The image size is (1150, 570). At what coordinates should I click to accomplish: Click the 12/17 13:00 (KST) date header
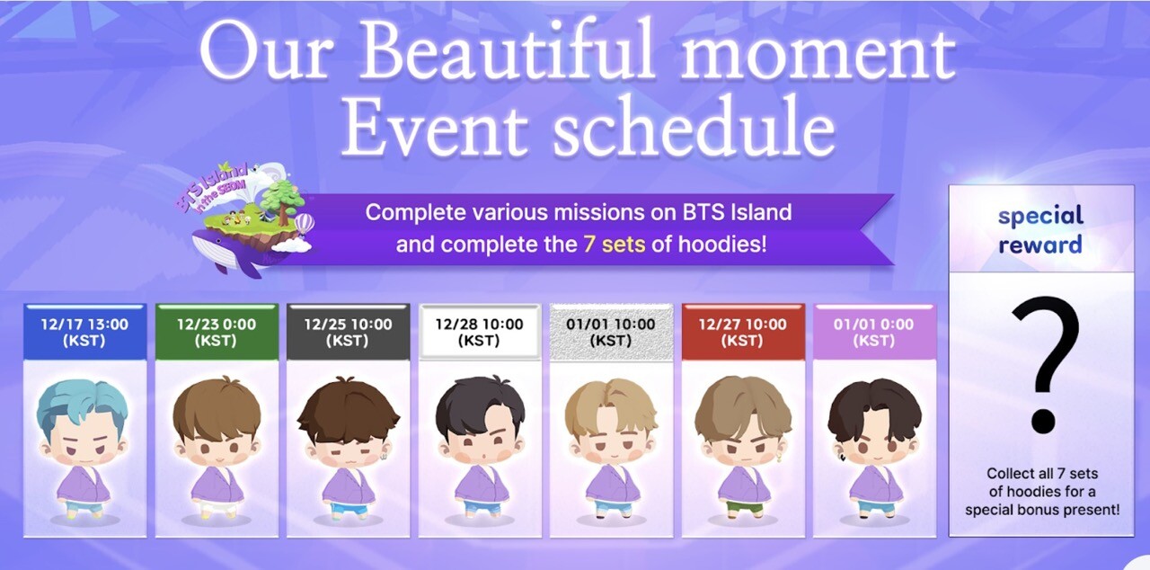pos(84,332)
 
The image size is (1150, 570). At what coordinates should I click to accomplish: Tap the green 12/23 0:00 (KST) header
pos(217,332)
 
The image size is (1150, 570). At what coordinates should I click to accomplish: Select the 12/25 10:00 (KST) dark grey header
pos(348,332)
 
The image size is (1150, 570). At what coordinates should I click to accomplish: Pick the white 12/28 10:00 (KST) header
pos(480,332)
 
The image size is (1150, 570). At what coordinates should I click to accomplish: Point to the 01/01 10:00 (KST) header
pos(611,332)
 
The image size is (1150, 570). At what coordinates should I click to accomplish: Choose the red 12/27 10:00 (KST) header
pos(743,332)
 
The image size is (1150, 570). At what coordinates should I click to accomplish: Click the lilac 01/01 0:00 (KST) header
pos(874,332)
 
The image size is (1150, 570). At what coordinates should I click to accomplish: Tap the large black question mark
pos(1045,365)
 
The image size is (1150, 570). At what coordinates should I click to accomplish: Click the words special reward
pos(1040,230)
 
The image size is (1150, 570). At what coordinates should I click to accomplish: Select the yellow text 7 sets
pos(614,244)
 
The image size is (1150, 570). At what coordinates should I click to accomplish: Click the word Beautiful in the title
pos(509,52)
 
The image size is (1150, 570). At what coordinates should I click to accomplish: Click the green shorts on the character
pos(742,507)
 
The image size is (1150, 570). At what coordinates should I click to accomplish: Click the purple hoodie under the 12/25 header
pos(348,485)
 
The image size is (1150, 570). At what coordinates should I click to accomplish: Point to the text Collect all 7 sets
pos(1042,474)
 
